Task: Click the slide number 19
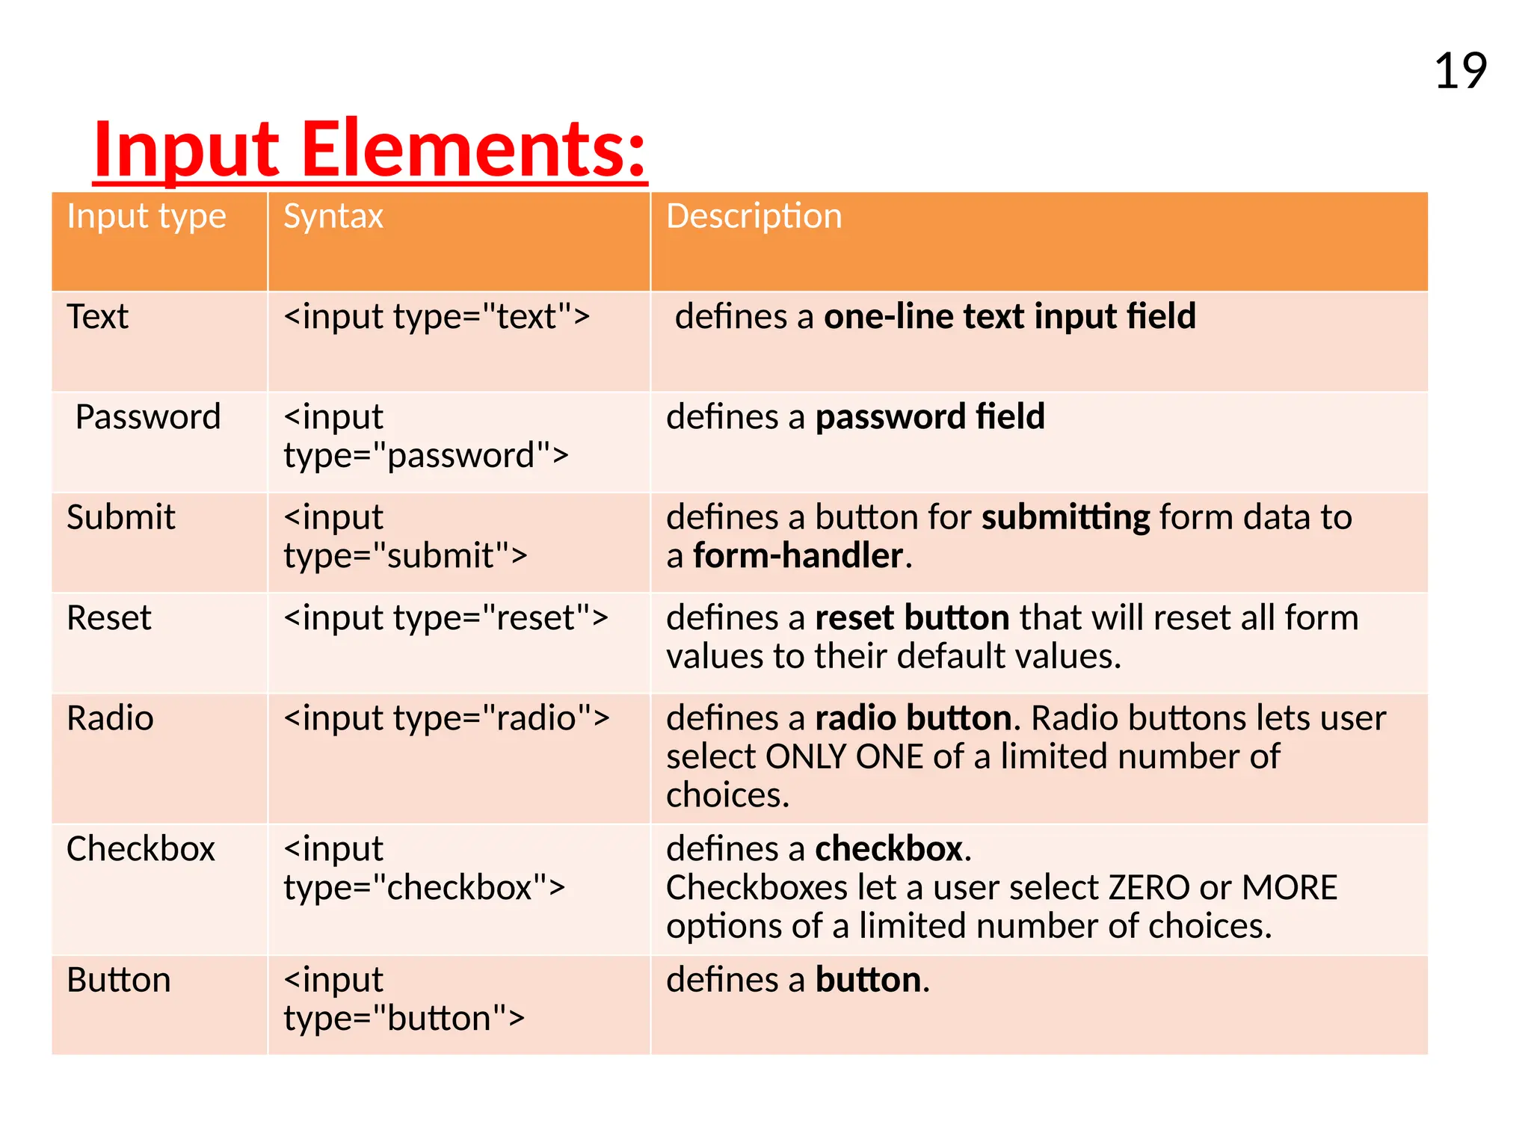point(1460,72)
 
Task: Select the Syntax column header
point(333,217)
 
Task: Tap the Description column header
point(754,217)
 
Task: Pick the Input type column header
point(146,217)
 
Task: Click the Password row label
point(148,417)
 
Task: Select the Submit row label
point(120,517)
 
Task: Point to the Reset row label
point(108,618)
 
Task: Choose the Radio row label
point(110,718)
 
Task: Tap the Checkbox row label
point(141,849)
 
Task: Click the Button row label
point(118,980)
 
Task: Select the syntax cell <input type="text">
point(437,317)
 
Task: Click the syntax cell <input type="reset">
point(446,618)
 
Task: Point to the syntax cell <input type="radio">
point(446,718)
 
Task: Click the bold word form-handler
point(798,556)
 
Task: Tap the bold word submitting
point(1065,517)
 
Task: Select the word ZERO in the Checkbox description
point(1148,888)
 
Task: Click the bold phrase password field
point(929,417)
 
